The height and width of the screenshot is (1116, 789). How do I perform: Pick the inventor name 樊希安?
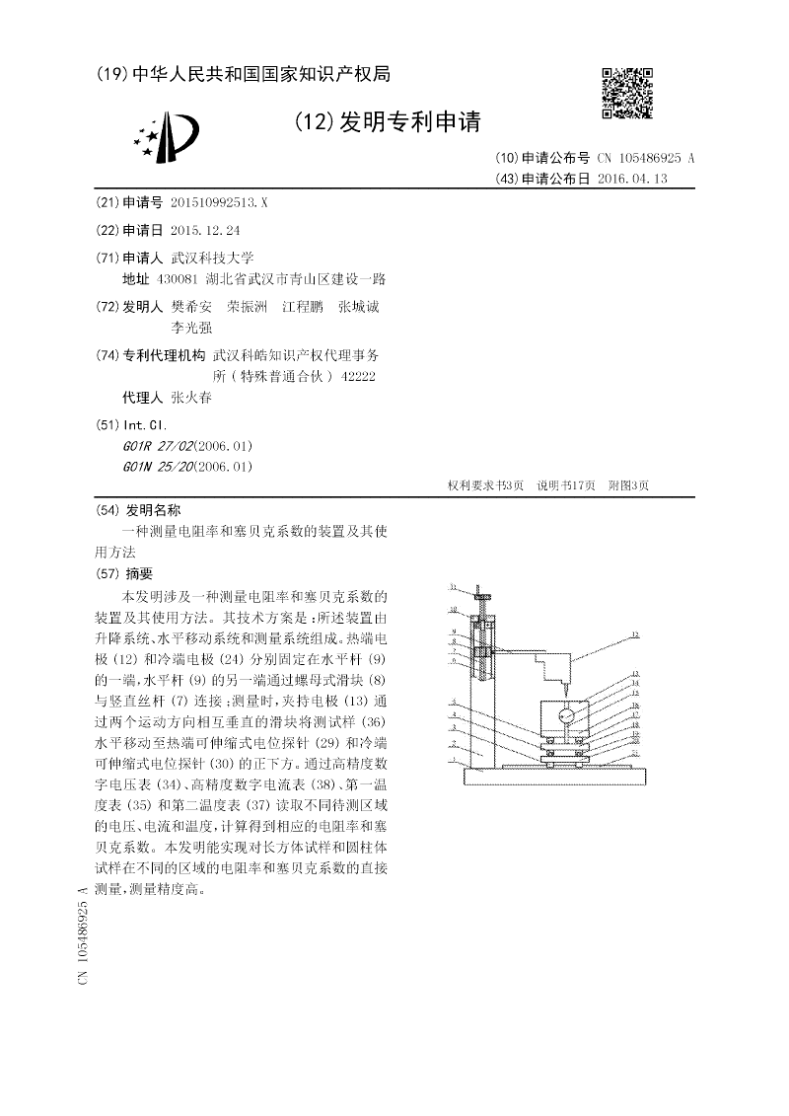coord(191,307)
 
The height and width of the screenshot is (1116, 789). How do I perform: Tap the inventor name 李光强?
coord(191,328)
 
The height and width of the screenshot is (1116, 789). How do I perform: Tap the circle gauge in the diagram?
coord(566,715)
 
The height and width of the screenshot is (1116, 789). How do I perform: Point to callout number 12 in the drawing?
coord(636,635)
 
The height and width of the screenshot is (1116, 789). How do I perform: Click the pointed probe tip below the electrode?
coord(565,685)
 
